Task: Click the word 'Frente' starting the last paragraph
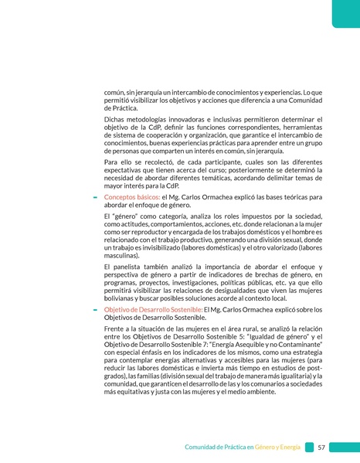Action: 116,329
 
